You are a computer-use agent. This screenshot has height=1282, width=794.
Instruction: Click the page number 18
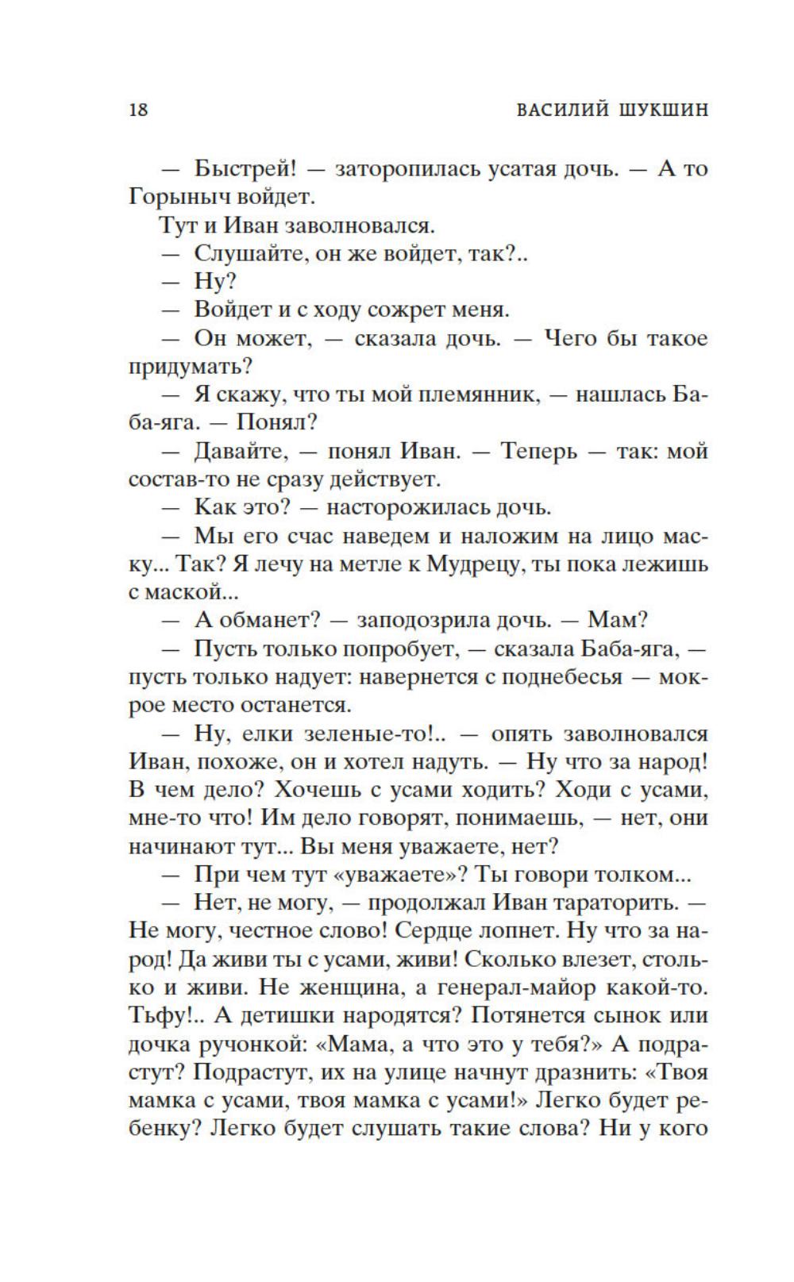[138, 110]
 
